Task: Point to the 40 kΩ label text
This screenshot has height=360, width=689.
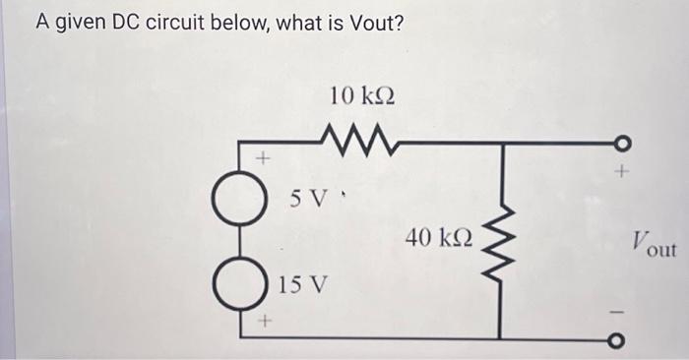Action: click(438, 237)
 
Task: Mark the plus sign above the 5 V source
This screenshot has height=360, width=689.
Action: click(263, 156)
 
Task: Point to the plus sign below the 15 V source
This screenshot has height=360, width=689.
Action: click(263, 322)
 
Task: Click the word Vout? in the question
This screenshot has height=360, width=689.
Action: click(372, 22)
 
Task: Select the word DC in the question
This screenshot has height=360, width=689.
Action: click(127, 22)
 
